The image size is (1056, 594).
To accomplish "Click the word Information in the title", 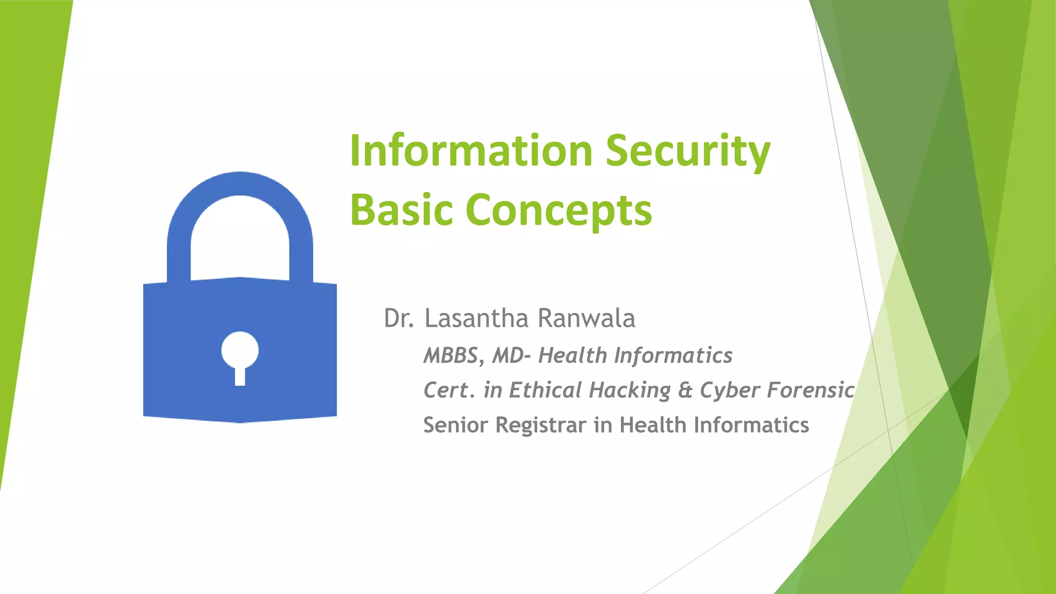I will click(471, 151).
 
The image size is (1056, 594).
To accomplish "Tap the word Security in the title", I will click(688, 151).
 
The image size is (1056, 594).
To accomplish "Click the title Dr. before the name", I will click(399, 318).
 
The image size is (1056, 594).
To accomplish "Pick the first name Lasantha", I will click(476, 318).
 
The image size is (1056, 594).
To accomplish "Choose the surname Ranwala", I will click(586, 318).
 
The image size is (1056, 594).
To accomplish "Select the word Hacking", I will click(630, 390).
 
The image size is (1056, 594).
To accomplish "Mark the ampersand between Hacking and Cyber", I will click(685, 390).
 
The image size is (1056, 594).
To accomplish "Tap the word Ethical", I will click(545, 390).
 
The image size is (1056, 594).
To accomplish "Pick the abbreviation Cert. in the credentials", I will click(448, 390).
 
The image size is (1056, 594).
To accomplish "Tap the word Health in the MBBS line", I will click(572, 356).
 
